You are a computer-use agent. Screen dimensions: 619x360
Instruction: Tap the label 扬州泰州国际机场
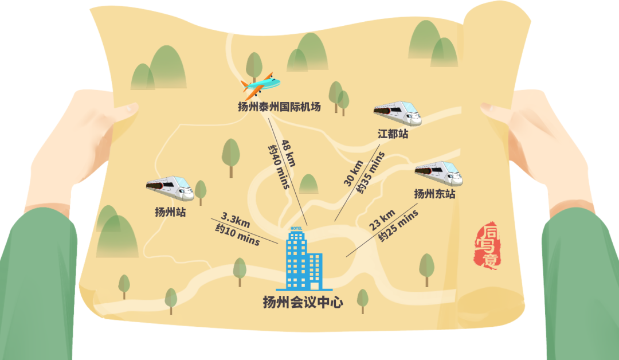(279, 107)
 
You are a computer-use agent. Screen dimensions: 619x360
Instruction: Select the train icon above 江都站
(398, 113)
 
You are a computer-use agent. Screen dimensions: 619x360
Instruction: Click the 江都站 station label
(393, 134)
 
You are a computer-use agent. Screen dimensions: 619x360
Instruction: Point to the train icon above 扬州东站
(438, 173)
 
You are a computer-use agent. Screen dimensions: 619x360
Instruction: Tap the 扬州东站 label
(434, 194)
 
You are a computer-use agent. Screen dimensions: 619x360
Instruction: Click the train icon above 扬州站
(170, 188)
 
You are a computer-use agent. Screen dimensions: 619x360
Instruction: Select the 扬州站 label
(170, 212)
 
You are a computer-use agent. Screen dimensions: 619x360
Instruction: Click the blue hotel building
(304, 260)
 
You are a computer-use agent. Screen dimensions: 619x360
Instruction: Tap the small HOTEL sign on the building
(296, 229)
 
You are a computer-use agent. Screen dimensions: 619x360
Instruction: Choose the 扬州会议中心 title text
(303, 302)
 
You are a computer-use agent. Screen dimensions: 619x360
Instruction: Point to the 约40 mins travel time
(279, 166)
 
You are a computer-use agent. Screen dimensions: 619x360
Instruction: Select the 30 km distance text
(353, 173)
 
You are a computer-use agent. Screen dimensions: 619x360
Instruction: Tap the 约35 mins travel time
(370, 173)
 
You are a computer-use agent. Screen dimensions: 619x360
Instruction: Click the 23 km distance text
(382, 220)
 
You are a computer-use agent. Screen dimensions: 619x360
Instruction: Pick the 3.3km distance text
(236, 220)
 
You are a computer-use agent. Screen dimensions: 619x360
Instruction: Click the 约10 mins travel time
(237, 234)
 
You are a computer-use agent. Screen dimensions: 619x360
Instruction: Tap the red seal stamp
(486, 245)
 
